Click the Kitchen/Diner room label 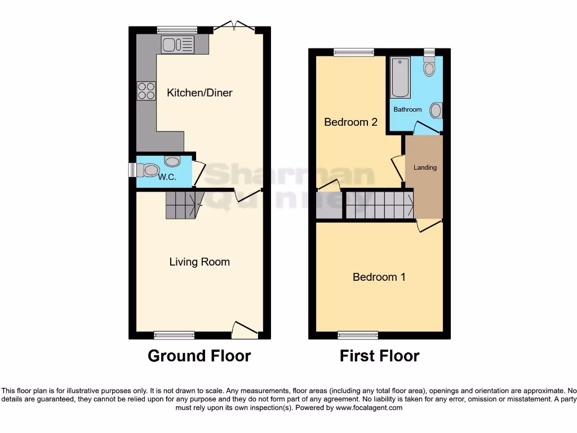pyautogui.click(x=199, y=93)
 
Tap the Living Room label pyautogui.click(x=199, y=262)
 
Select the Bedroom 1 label pyautogui.click(x=379, y=277)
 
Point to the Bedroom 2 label pyautogui.click(x=350, y=122)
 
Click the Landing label pyautogui.click(x=425, y=167)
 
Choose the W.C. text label pyautogui.click(x=167, y=177)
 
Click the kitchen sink pyautogui.click(x=177, y=44)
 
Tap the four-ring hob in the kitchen pyautogui.click(x=147, y=91)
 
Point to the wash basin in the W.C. pyautogui.click(x=172, y=161)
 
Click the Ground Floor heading pyautogui.click(x=199, y=356)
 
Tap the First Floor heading pyautogui.click(x=379, y=356)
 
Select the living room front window pyautogui.click(x=174, y=335)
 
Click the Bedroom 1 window pyautogui.click(x=358, y=335)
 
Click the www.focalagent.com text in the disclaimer pyautogui.click(x=369, y=408)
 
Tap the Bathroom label pyautogui.click(x=407, y=109)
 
